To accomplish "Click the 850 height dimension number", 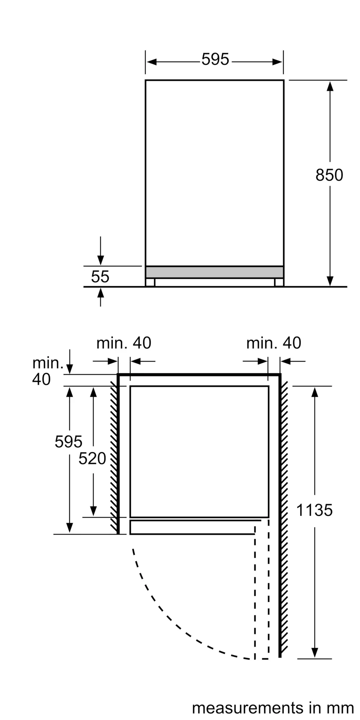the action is [x=329, y=175].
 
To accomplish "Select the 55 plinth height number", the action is [x=100, y=276].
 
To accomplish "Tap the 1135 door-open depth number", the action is [x=314, y=510].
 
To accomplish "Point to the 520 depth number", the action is [x=92, y=458].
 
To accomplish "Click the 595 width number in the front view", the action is [x=215, y=59].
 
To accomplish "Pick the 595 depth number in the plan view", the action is [x=68, y=441].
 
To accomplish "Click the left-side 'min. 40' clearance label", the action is [x=123, y=343].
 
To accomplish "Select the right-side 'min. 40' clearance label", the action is [x=274, y=343].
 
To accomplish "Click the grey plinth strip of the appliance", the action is [x=215, y=272].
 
